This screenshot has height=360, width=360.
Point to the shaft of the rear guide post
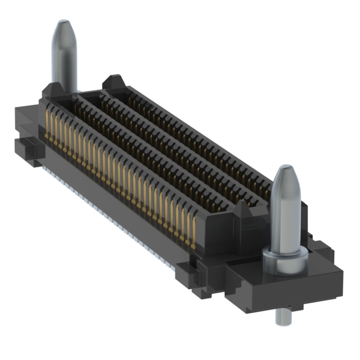64,62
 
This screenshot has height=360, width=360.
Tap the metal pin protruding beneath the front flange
281,316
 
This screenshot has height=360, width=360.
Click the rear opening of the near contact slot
62,104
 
